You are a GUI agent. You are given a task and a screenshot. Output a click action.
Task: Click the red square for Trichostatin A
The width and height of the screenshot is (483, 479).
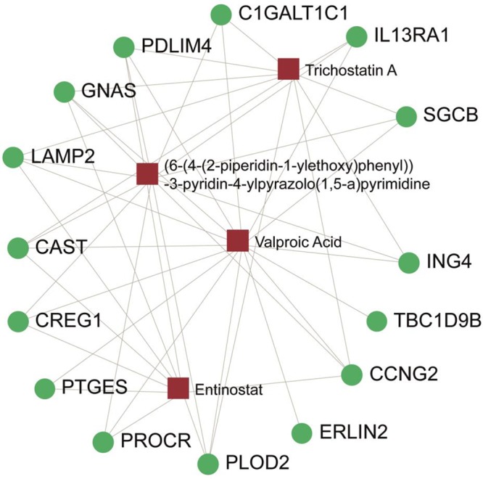(x=289, y=69)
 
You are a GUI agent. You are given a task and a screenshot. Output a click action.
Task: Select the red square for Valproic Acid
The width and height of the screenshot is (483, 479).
(x=238, y=240)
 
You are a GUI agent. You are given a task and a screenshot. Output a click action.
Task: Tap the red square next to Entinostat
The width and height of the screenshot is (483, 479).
(x=178, y=388)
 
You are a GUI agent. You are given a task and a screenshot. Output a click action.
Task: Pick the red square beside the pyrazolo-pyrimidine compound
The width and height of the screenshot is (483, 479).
(x=147, y=174)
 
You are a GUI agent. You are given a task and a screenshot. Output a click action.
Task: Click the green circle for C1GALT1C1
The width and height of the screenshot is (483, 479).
(x=220, y=14)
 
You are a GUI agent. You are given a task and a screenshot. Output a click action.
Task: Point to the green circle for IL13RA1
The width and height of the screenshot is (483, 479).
(x=357, y=36)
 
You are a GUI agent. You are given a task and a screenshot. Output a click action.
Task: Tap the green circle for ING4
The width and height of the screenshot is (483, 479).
(x=409, y=262)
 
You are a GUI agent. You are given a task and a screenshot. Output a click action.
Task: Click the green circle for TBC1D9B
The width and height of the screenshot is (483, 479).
(x=377, y=321)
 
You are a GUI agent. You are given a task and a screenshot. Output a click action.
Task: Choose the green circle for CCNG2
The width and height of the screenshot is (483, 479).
(x=351, y=374)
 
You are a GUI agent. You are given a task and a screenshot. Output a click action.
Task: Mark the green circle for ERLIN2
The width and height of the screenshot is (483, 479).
(x=302, y=433)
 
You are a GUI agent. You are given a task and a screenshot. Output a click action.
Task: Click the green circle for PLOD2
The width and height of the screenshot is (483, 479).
(x=208, y=462)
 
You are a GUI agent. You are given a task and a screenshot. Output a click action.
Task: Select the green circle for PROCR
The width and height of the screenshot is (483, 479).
(x=103, y=441)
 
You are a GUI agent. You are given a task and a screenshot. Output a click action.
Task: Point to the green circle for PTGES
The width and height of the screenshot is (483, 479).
(x=45, y=388)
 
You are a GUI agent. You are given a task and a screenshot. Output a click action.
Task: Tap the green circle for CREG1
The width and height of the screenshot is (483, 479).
(x=18, y=320)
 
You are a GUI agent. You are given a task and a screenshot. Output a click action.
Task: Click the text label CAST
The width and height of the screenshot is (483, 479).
(x=61, y=247)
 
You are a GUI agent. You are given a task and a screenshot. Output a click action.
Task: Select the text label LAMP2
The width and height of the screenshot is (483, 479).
(x=64, y=156)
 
